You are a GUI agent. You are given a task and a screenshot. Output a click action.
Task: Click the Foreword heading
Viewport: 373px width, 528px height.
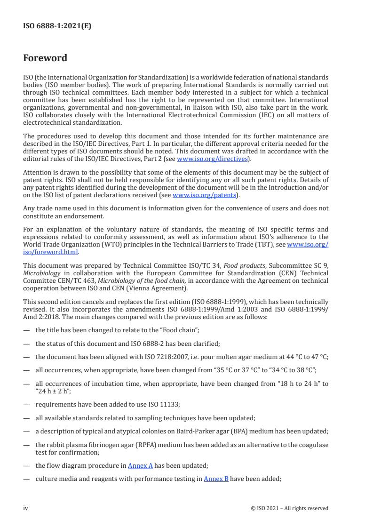coord(45,58)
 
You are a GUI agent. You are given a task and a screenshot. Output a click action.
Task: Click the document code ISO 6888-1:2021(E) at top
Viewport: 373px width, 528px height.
coord(57,26)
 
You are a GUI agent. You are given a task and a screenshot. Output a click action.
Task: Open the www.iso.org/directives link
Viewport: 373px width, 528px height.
coord(212,159)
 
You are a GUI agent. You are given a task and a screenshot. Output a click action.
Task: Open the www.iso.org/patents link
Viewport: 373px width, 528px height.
coord(205,194)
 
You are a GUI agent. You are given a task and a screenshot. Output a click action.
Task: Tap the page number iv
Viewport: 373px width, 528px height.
coord(26,508)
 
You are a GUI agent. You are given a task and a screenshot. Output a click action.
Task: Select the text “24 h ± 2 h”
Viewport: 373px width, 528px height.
coord(53,391)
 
